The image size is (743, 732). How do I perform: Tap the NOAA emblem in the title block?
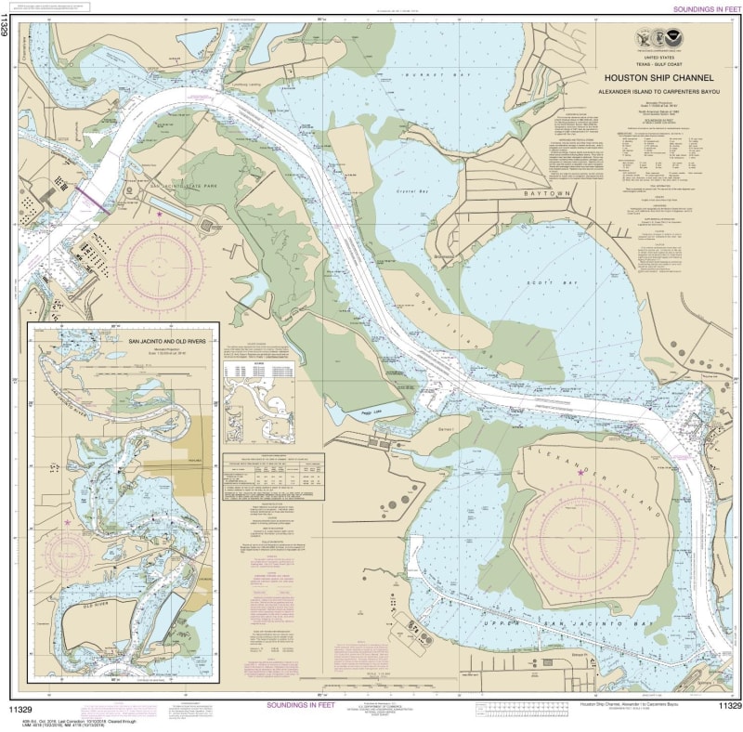click(x=656, y=38)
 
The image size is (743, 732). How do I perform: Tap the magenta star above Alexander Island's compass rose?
click(x=581, y=474)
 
